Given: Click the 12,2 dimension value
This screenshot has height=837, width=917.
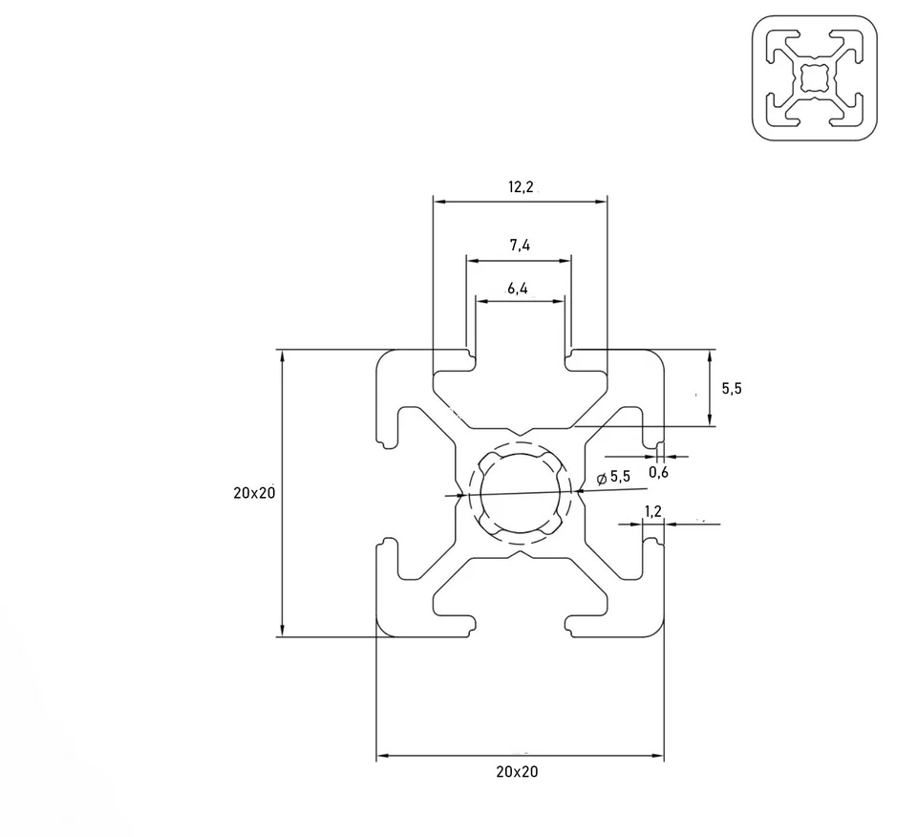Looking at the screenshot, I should point(521,187).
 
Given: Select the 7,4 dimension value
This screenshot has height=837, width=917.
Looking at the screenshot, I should point(520,246).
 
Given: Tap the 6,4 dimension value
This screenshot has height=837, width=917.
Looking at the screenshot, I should point(519,289).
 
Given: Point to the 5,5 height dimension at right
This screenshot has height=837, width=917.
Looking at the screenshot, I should point(730,388).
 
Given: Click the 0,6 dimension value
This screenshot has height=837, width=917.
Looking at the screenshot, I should point(658,472).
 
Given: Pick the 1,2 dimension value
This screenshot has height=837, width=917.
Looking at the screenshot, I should point(653,511).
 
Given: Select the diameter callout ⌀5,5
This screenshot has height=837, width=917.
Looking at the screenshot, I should point(613,477).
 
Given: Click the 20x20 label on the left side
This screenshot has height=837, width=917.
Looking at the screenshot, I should point(253,493).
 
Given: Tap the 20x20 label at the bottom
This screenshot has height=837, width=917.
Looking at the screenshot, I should point(517,772).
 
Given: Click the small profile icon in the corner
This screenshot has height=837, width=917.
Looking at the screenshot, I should point(814,77).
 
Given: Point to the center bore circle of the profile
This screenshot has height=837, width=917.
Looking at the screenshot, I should point(520,494).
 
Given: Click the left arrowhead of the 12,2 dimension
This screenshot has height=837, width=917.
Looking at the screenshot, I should point(437,202).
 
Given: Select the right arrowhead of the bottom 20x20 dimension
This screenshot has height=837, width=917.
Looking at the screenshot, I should point(658,757).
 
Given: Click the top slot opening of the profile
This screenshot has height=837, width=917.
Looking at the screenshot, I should point(521,358).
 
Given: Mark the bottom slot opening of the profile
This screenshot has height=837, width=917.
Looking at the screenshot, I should point(521,626).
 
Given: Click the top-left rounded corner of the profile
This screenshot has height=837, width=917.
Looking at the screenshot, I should point(386,359).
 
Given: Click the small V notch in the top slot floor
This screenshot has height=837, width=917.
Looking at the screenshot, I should point(521,432).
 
